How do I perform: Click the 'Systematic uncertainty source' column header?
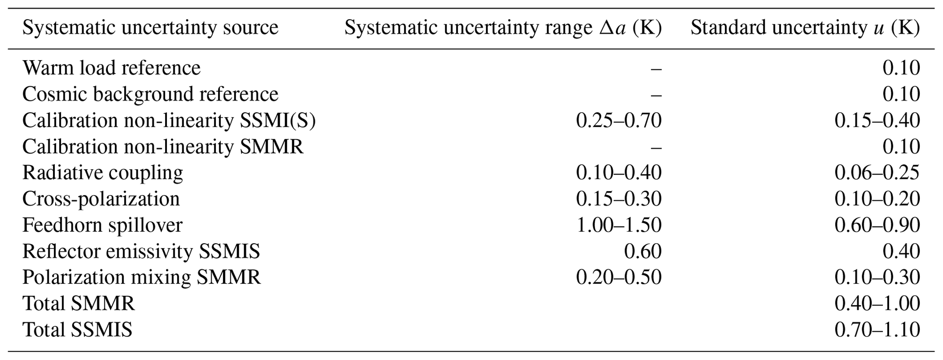pyautogui.click(x=150, y=28)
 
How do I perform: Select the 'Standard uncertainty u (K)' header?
pyautogui.click(x=805, y=28)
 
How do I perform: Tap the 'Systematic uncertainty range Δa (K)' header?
pyautogui.click(x=503, y=28)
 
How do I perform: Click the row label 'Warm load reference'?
pyautogui.click(x=111, y=68)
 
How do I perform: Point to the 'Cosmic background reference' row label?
pyautogui.click(x=150, y=94)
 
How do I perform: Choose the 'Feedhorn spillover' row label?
pyautogui.click(x=102, y=225)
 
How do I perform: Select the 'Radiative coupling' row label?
pyautogui.click(x=103, y=173)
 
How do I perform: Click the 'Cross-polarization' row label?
pyautogui.click(x=101, y=199)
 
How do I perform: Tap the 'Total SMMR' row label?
pyautogui.click(x=78, y=303)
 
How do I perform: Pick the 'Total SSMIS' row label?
pyautogui.click(x=77, y=329)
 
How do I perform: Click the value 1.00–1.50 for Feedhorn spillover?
pyautogui.click(x=619, y=225)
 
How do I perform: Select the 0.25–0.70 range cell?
pyautogui.click(x=619, y=120)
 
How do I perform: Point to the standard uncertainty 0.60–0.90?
pyautogui.click(x=877, y=225)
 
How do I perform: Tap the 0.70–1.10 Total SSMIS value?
pyautogui.click(x=877, y=329)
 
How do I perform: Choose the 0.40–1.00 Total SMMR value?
pyautogui.click(x=877, y=303)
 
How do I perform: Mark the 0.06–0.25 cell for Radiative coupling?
pyautogui.click(x=877, y=173)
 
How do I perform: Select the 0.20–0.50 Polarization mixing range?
pyautogui.click(x=619, y=277)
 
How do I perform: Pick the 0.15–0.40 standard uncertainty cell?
pyautogui.click(x=877, y=120)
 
